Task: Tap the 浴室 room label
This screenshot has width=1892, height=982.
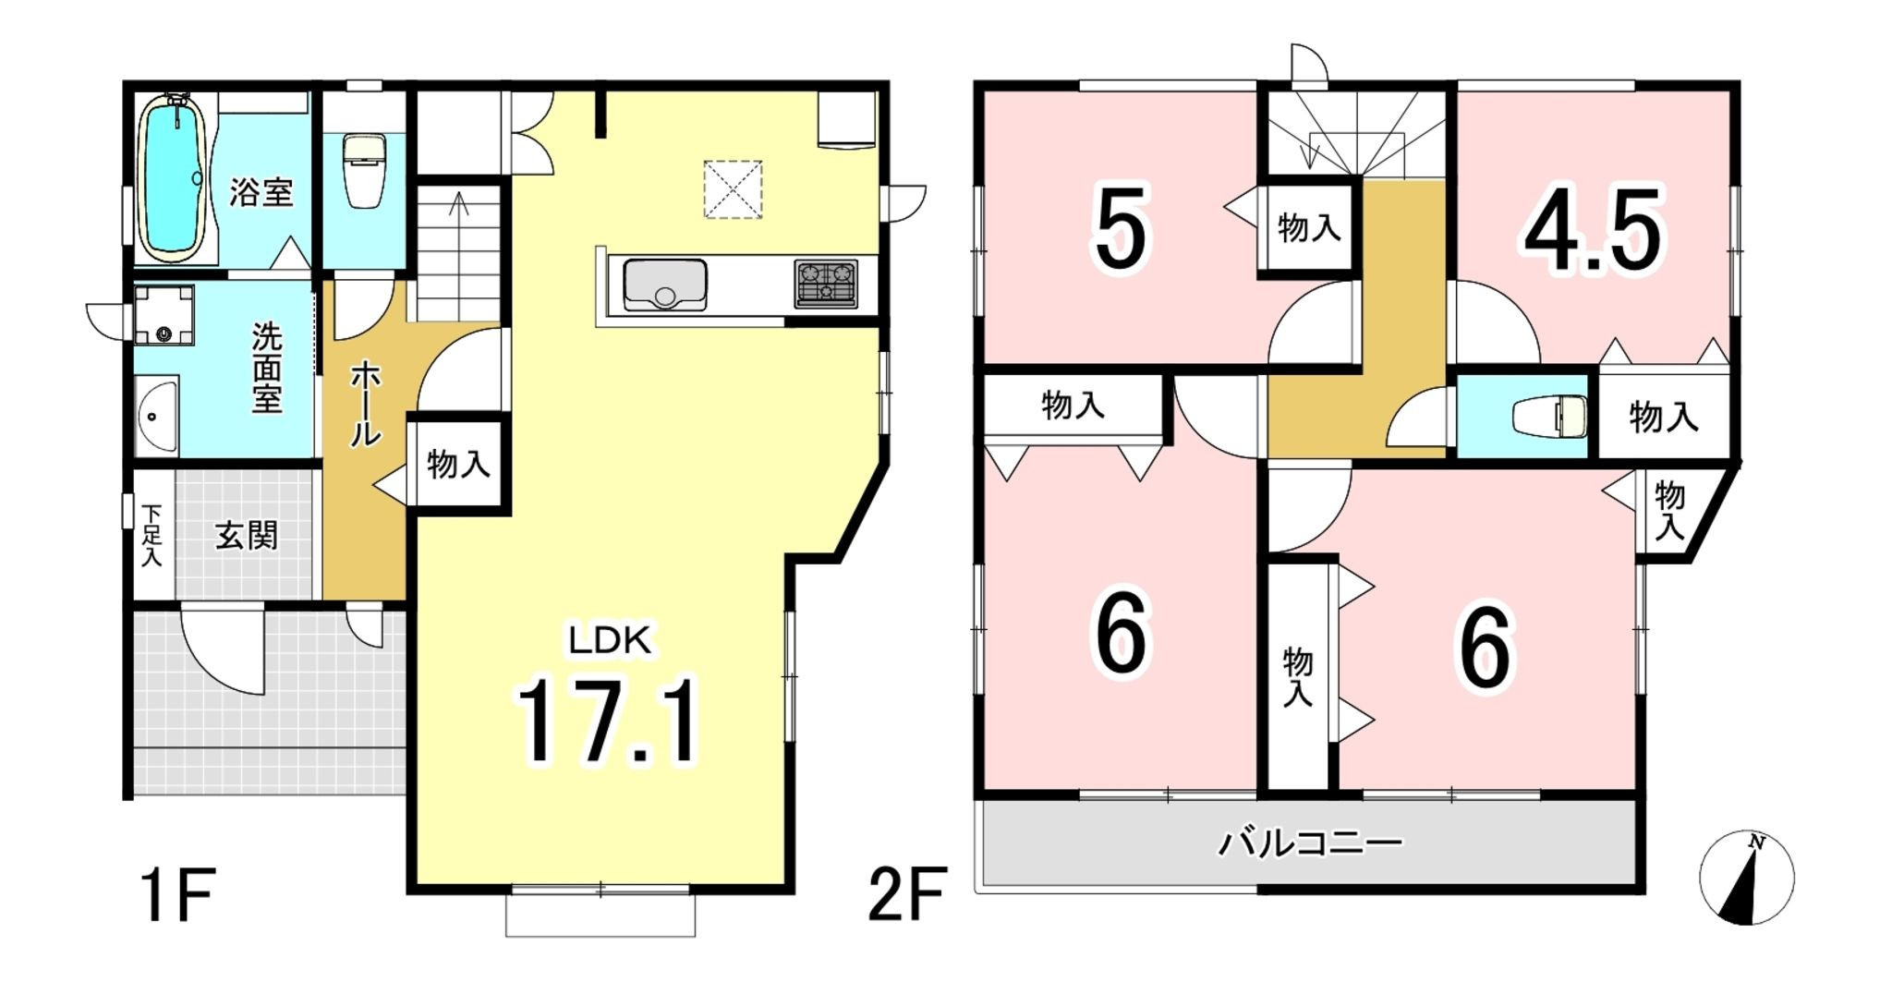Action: click(261, 192)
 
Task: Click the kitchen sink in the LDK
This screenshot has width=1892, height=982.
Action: click(665, 285)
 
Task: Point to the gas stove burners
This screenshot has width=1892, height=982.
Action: click(826, 284)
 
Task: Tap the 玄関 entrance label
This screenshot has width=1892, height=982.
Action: click(247, 536)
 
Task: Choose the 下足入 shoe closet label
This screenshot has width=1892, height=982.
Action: click(152, 534)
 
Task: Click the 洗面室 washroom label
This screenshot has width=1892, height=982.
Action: click(267, 368)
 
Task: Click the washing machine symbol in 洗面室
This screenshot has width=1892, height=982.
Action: click(164, 314)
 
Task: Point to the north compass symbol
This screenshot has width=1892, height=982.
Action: click(1747, 878)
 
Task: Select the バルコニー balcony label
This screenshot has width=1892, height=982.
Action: click(1310, 843)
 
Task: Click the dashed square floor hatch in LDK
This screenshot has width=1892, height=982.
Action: click(733, 189)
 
